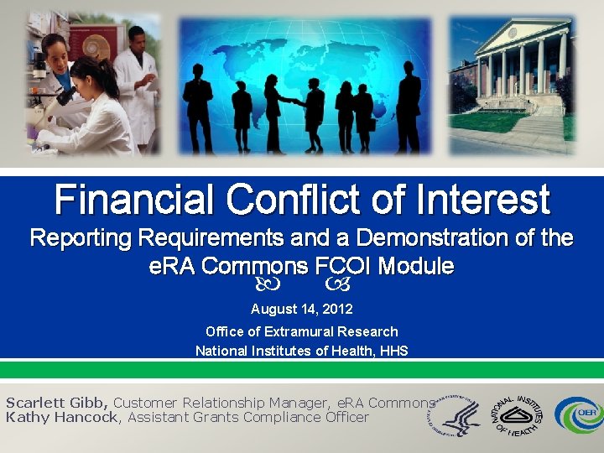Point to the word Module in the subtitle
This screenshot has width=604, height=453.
[x=416, y=267]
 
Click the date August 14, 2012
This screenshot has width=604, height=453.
[x=302, y=310]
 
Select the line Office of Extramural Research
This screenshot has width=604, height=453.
[x=302, y=331]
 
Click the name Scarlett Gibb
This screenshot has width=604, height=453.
[x=57, y=403]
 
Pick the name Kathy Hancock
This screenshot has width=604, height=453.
[x=61, y=417]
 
